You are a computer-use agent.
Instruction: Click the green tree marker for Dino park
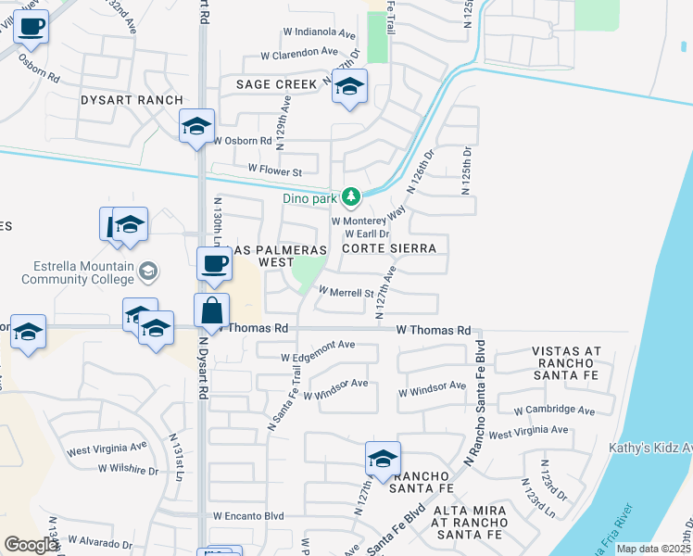tap(351, 196)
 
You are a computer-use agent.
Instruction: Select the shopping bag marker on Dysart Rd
tap(212, 311)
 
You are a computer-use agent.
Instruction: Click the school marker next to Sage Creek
tap(349, 87)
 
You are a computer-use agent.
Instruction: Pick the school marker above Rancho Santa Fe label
tap(383, 458)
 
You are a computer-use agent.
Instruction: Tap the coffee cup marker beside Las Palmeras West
tap(214, 264)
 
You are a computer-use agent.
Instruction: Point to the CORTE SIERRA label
tap(388, 249)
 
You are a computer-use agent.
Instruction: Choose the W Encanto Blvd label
tap(247, 516)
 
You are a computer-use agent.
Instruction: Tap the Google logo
tap(31, 545)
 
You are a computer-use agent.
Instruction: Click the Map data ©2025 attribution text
tap(653, 549)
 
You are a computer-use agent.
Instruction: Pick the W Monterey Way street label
tap(369, 221)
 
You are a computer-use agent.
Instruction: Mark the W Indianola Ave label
tap(321, 34)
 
